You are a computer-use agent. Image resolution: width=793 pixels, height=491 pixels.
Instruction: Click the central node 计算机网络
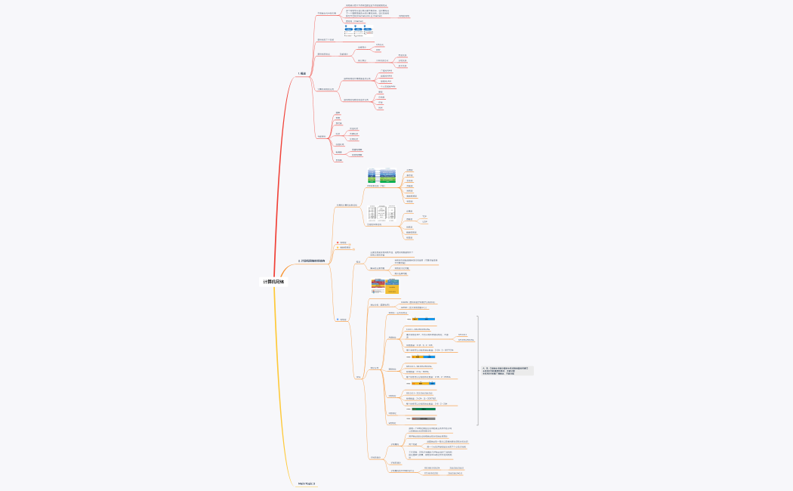[x=275, y=282]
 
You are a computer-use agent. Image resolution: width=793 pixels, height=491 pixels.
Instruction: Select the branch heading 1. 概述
[x=302, y=73]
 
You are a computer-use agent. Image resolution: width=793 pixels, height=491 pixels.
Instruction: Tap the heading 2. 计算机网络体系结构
[x=312, y=261]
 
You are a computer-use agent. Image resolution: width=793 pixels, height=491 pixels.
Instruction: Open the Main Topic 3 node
[x=307, y=483]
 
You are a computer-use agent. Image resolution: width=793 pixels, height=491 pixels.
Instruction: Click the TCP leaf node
[x=424, y=217]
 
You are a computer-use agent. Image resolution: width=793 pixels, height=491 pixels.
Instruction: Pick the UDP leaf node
[x=424, y=222]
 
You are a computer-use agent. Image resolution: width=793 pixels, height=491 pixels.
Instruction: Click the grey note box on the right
[x=507, y=371]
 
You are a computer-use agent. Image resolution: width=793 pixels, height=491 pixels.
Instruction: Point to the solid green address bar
[x=427, y=409]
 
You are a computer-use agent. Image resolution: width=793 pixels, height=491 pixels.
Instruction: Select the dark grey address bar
[x=427, y=418]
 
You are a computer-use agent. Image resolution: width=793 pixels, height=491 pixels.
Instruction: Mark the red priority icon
[x=338, y=242]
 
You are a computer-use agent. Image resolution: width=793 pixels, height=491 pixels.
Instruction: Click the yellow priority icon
[x=338, y=248]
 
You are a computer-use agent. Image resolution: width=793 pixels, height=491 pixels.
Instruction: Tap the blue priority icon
[x=338, y=320]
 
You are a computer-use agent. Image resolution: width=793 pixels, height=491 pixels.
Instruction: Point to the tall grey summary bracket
[x=477, y=370]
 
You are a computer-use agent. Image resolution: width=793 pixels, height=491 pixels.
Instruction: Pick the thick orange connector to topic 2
[x=292, y=270]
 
